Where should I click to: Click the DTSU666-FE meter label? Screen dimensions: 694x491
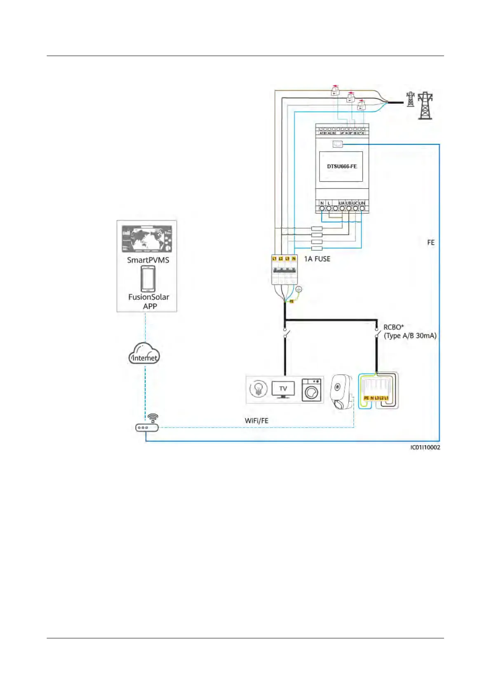(342, 166)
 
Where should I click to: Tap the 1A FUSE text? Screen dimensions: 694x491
(317, 259)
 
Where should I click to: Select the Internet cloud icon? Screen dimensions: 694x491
(144, 354)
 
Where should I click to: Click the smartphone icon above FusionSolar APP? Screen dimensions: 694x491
(148, 279)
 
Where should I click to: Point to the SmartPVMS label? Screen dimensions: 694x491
(148, 260)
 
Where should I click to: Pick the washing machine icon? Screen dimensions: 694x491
(312, 389)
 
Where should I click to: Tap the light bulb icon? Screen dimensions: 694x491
(258, 389)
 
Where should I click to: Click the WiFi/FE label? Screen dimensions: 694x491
(256, 421)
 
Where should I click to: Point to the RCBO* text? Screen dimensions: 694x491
(394, 327)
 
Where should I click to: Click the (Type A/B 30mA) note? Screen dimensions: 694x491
(410, 336)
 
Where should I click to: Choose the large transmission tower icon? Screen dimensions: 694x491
(425, 106)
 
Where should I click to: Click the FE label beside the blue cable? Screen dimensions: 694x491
(431, 243)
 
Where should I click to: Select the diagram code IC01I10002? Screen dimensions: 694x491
(425, 448)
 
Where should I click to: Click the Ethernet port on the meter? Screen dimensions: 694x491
(338, 144)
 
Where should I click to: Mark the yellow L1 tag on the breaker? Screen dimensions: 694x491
(275, 258)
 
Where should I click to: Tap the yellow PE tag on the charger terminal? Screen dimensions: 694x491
(366, 398)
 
